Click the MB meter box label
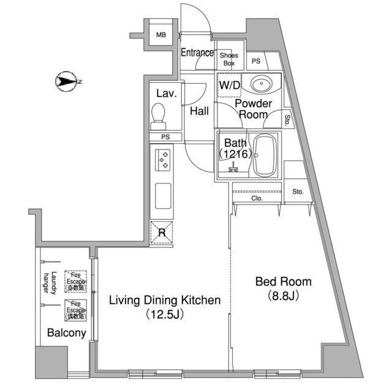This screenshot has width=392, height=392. click(x=160, y=35)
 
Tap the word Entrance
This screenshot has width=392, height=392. click(x=197, y=53)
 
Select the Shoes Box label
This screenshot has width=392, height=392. click(x=228, y=58)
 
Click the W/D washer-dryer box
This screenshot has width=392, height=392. click(x=229, y=86)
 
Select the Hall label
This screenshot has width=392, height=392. click(x=199, y=111)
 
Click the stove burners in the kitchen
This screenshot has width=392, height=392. click(x=164, y=160)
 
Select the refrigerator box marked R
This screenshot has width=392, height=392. click(x=162, y=232)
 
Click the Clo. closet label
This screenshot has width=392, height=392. click(x=256, y=198)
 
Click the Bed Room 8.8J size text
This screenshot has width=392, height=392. click(x=283, y=296)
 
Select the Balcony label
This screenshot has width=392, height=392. click(x=66, y=334)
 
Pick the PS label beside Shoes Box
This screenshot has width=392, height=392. click(x=256, y=61)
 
